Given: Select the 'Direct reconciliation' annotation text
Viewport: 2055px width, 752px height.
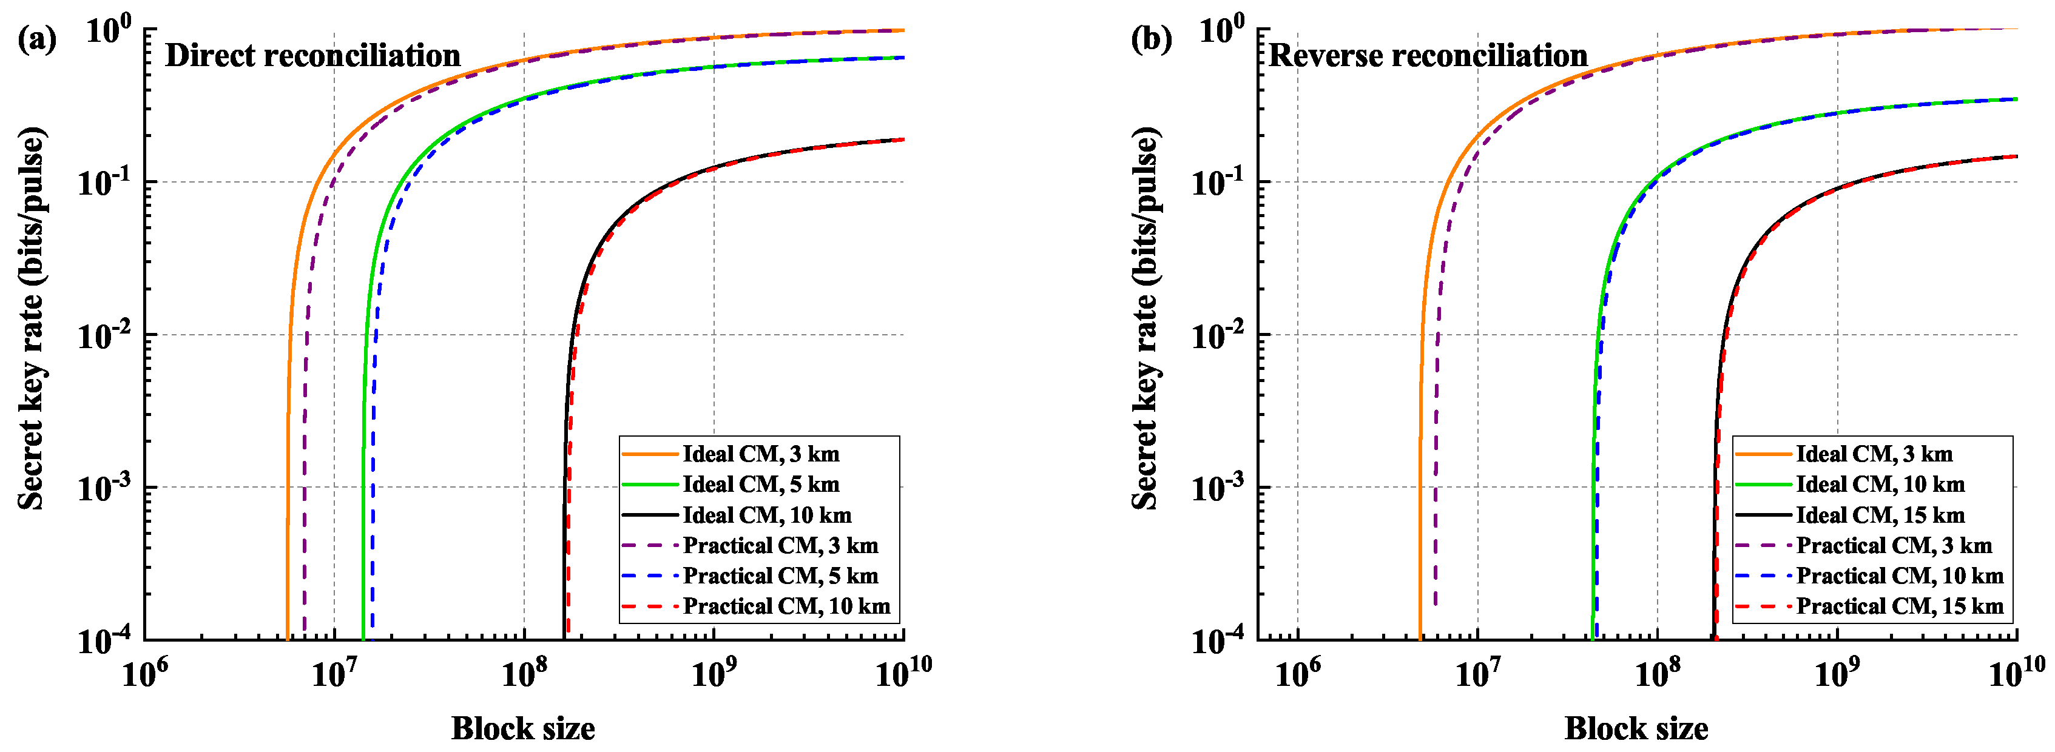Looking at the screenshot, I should (x=312, y=56).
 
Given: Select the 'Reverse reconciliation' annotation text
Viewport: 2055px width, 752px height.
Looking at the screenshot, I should (x=1428, y=56).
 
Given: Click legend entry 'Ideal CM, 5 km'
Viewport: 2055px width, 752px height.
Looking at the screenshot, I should (x=760, y=484).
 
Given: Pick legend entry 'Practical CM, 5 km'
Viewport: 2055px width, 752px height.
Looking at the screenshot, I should (x=780, y=576).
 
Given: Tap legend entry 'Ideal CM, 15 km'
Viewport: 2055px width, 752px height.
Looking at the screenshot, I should (x=1880, y=515).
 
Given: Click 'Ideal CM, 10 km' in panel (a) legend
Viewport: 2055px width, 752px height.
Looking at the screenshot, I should (x=766, y=515).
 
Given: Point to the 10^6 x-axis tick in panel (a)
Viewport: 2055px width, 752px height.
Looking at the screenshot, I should (x=144, y=674).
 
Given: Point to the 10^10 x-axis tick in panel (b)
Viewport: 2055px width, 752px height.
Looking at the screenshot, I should (x=2016, y=674).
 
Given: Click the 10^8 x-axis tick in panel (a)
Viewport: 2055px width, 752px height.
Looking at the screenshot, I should (x=524, y=674).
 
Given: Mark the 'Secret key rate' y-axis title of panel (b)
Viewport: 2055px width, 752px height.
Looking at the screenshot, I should (x=1146, y=319).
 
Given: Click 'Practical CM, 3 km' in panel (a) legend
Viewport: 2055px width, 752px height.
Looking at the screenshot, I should (x=780, y=545).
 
